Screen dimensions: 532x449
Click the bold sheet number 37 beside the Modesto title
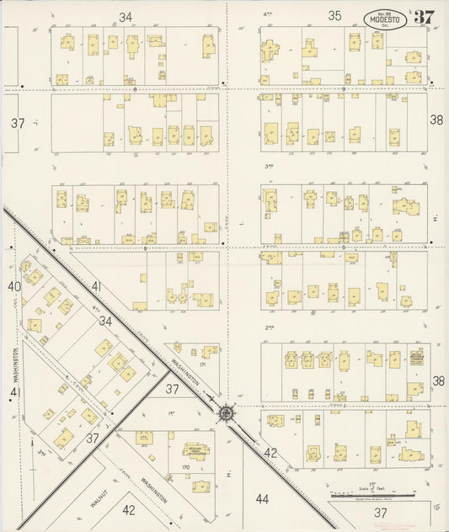pos(423,17)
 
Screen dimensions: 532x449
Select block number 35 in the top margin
pos(334,16)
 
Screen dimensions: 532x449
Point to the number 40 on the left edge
pos(13,287)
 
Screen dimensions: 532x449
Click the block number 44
pos(262,499)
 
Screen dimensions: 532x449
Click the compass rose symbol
pos(226,412)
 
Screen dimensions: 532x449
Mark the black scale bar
pos(371,496)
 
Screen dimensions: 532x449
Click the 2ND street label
pos(270,327)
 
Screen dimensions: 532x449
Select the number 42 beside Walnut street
pos(128,509)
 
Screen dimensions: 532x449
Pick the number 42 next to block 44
pos(270,452)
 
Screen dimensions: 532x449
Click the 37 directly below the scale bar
pos(381,512)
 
